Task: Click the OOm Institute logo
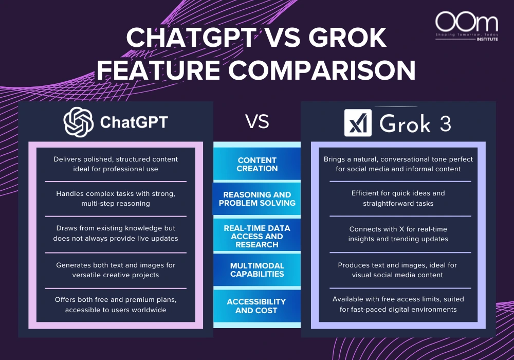pos(466,28)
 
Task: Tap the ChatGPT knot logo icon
pos(78,121)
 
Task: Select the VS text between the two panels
pos(257,122)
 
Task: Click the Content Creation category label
pos(257,164)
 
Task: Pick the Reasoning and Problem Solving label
pos(257,199)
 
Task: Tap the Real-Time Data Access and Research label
pos(257,236)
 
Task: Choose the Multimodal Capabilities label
pos(257,269)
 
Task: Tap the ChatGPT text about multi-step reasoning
pos(116,198)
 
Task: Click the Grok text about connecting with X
pos(398,234)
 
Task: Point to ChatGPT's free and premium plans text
pos(116,304)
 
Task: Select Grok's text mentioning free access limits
pos(398,304)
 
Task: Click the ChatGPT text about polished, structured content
pos(116,164)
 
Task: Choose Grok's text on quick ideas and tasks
pos(398,198)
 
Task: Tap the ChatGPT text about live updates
pos(116,234)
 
